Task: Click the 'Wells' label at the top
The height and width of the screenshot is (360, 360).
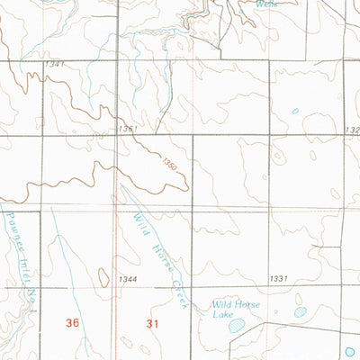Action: pyautogui.click(x=266, y=4)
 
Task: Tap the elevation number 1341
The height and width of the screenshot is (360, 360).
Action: pyautogui.click(x=54, y=65)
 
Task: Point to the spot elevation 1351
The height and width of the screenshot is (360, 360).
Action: pyautogui.click(x=127, y=130)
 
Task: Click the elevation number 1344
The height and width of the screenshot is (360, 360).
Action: pyautogui.click(x=127, y=280)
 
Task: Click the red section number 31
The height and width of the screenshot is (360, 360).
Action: pyautogui.click(x=149, y=321)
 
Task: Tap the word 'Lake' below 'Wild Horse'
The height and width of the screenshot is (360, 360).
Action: pyautogui.click(x=221, y=314)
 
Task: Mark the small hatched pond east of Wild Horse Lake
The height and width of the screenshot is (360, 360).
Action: pyautogui.click(x=300, y=312)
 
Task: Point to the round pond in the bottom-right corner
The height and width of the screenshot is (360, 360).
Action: pyautogui.click(x=352, y=352)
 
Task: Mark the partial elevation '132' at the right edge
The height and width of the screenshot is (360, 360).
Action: pyautogui.click(x=351, y=130)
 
